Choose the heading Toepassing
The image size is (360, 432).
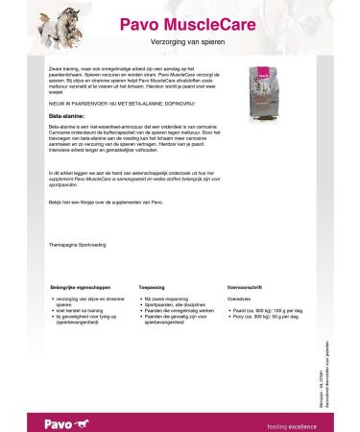tap(154, 286)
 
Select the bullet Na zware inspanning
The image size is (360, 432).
tap(172, 299)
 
